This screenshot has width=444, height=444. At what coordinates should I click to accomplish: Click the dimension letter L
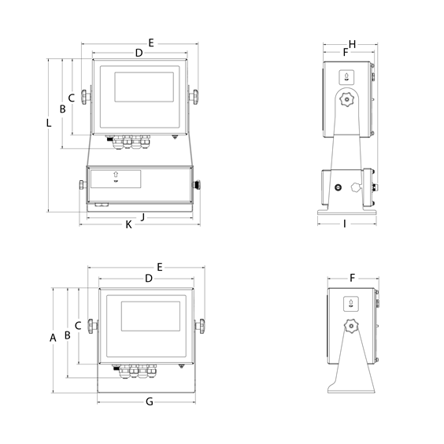[50, 123]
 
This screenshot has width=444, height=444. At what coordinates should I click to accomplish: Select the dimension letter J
[143, 215]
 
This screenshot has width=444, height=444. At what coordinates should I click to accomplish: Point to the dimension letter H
[352, 43]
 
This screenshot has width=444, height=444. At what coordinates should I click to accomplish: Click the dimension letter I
[345, 224]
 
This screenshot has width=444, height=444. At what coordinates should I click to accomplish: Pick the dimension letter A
[54, 339]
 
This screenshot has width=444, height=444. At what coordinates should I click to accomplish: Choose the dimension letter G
[149, 402]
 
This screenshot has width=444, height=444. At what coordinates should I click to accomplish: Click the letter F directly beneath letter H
[346, 53]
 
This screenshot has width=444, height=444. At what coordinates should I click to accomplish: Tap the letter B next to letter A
[68, 335]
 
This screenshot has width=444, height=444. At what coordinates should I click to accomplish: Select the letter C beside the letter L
[71, 98]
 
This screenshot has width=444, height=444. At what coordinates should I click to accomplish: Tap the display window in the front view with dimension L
[142, 86]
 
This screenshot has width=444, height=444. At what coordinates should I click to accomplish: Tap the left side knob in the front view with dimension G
[93, 325]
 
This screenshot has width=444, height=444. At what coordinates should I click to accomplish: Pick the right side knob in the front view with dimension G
[202, 325]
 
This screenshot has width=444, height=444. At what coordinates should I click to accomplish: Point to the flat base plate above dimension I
[345, 214]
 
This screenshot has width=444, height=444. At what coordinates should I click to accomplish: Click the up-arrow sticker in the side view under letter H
[346, 76]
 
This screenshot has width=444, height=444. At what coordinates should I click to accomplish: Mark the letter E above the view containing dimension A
[160, 268]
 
